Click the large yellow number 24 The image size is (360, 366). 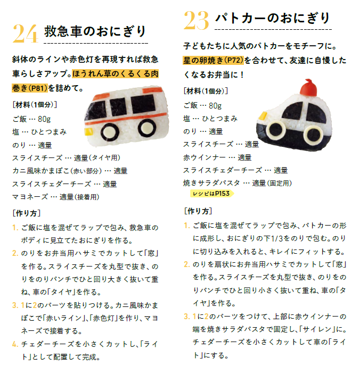(x=26, y=34)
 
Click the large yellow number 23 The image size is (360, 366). (x=196, y=21)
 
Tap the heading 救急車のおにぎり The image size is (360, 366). (x=95, y=31)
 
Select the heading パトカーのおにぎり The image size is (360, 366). (x=272, y=18)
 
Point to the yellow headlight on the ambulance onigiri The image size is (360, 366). (x=88, y=131)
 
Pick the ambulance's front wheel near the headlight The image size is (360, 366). (x=110, y=132)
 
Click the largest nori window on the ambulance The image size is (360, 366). (x=143, y=104)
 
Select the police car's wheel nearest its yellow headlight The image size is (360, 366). (x=276, y=130)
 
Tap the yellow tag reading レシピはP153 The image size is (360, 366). (x=211, y=194)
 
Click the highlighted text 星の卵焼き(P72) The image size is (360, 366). (x=214, y=61)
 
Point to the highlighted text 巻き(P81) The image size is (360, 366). (x=30, y=88)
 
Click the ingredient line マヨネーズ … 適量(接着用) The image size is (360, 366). (x=56, y=197)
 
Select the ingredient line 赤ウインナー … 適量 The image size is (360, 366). (x=217, y=157)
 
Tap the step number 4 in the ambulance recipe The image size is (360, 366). (x=15, y=344)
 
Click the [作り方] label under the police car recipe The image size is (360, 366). (x=198, y=211)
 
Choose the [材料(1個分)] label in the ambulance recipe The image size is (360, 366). (x=35, y=105)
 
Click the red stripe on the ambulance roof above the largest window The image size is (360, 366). (x=152, y=89)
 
